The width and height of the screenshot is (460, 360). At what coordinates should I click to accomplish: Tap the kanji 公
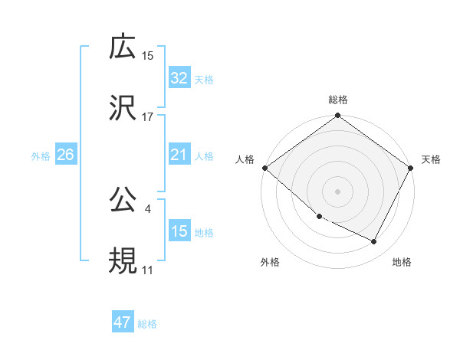(x=123, y=199)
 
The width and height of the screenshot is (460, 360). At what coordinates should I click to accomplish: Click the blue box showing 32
(x=179, y=77)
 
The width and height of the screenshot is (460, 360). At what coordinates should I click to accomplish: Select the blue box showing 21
(x=179, y=155)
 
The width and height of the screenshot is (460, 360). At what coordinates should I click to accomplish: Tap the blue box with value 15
(x=179, y=231)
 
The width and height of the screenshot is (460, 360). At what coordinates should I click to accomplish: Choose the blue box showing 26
(x=65, y=155)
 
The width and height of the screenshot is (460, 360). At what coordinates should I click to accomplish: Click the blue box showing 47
(x=122, y=322)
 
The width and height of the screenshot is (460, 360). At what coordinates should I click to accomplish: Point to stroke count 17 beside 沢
(x=148, y=117)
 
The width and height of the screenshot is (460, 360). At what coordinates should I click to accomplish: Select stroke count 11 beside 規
(x=148, y=270)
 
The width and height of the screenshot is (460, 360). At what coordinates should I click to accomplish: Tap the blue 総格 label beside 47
(x=147, y=324)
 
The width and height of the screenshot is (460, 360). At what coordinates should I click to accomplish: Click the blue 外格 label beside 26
(x=41, y=155)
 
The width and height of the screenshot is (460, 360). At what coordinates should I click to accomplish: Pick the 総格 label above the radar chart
(x=338, y=100)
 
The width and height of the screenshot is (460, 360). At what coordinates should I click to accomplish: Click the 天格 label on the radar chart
(x=431, y=159)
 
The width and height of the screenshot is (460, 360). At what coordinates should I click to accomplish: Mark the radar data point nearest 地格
(x=374, y=242)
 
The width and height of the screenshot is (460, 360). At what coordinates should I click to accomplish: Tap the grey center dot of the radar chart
(x=338, y=191)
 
